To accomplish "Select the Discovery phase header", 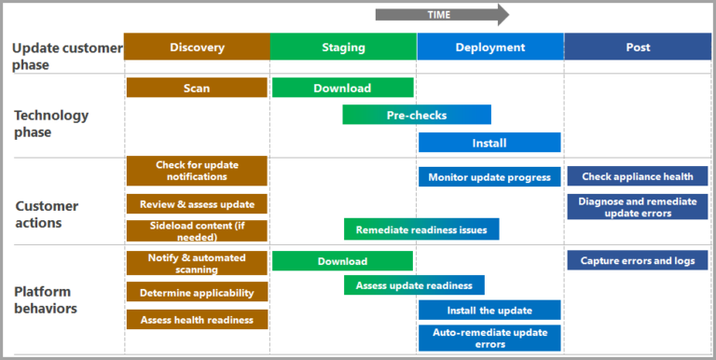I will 197,48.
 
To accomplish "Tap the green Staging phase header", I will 343,48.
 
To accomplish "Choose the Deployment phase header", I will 489,48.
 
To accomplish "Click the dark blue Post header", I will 638,48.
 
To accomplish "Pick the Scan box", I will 197,88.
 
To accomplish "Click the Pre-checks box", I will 416,115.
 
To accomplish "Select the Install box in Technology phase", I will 489,143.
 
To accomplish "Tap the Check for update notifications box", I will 197,171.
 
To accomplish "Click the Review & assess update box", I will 197,203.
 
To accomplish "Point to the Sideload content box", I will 197,230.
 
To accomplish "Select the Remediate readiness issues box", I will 421,229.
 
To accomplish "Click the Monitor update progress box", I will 489,177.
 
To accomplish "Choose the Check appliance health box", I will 638,177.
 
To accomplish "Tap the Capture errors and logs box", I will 638,260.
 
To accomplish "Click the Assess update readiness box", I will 414,285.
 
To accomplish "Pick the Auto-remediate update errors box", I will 489,338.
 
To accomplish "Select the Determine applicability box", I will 197,292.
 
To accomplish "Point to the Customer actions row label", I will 47,214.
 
